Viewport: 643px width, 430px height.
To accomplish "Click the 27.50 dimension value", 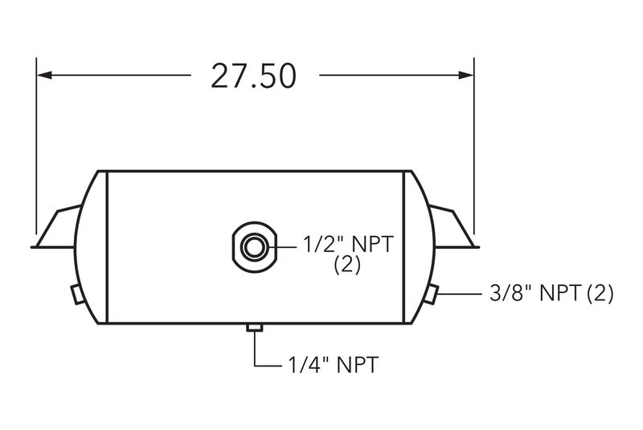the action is [x=253, y=76].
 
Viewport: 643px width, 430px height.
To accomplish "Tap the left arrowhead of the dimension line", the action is [x=44, y=75].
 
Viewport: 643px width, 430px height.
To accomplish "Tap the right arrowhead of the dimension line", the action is [x=466, y=75].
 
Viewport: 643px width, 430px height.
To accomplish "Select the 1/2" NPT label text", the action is [x=348, y=244].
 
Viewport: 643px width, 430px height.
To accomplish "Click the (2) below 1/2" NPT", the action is [x=347, y=265].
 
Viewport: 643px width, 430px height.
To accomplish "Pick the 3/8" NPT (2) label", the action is [x=551, y=294].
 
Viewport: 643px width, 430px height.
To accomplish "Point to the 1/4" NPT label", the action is [x=334, y=365].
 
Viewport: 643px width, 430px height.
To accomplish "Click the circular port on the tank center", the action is [x=254, y=247].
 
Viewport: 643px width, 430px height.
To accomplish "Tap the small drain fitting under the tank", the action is [x=255, y=327].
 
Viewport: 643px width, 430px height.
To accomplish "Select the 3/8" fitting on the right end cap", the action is [x=431, y=294].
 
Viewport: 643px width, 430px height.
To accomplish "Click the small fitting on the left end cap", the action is [x=78, y=294].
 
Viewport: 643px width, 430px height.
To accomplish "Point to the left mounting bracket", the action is [x=55, y=227].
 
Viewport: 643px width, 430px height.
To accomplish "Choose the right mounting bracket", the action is [x=454, y=227].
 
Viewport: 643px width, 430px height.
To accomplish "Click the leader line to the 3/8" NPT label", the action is [x=460, y=294].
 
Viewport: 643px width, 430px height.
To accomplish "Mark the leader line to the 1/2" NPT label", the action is [x=282, y=247].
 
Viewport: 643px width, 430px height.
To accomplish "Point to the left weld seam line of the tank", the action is [x=107, y=247].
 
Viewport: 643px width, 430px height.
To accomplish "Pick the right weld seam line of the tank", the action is [x=404, y=247].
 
